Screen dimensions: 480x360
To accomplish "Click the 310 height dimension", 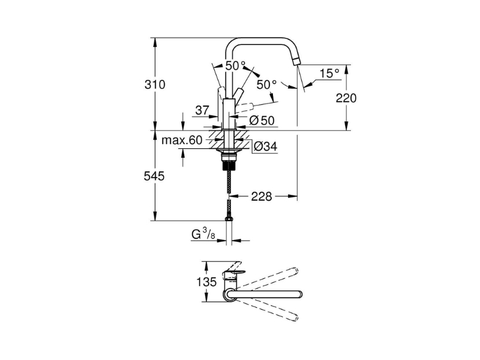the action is (155, 85).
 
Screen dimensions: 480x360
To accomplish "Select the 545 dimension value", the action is (154, 176).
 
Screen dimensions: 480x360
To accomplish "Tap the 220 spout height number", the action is (346, 98).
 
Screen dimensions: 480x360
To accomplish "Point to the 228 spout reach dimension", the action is (262, 197).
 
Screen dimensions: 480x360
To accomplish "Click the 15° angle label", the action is (329, 73).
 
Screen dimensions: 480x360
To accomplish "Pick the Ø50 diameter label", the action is (262, 121).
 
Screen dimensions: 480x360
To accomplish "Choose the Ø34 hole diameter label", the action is (265, 146).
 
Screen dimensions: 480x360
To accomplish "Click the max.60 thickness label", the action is (182, 140).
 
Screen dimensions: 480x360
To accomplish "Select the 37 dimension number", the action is (202, 110).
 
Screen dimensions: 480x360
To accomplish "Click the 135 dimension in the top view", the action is (206, 281).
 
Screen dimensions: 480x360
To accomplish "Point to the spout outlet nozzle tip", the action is (296, 61).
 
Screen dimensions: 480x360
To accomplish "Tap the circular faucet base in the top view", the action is (230, 294).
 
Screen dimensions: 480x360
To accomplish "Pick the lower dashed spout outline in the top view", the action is (267, 310).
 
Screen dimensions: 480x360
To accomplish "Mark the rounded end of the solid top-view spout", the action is (299, 294).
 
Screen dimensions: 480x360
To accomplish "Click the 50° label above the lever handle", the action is (235, 65).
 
